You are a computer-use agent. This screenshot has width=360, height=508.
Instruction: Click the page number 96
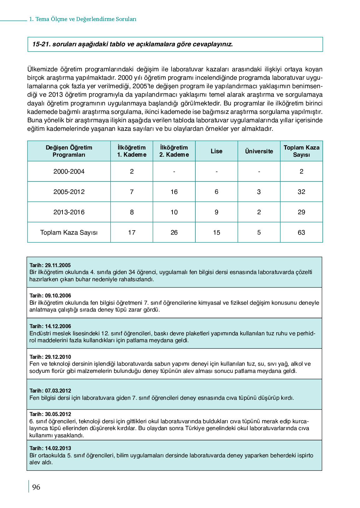tap(36, 487)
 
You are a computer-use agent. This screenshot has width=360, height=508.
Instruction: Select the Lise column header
tap(217, 151)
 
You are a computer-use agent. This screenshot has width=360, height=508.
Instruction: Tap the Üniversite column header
tap(259, 151)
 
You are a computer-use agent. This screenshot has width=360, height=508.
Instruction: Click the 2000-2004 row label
tap(69, 171)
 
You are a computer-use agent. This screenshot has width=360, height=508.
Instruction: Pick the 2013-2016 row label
tap(69, 212)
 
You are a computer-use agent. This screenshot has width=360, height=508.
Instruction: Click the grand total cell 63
tap(301, 232)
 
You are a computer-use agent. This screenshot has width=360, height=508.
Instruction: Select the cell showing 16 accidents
tap(174, 192)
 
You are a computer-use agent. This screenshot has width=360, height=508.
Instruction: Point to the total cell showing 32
tap(301, 192)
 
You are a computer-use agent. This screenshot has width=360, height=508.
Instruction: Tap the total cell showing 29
tap(301, 212)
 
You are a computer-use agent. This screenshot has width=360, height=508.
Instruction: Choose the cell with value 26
tap(174, 232)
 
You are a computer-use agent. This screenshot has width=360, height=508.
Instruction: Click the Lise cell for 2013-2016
tap(217, 212)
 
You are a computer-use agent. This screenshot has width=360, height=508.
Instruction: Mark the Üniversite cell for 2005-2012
tap(259, 192)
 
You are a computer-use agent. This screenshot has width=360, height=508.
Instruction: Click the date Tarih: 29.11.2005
tap(50, 265)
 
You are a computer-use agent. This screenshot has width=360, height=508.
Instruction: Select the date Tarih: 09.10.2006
tap(50, 296)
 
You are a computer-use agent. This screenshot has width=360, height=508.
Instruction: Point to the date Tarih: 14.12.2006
tap(50, 326)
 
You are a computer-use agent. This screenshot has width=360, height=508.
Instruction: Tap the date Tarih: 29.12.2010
tap(50, 357)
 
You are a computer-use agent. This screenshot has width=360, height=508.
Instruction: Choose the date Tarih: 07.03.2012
tap(50, 391)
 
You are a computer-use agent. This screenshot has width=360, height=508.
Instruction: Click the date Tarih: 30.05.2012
tap(50, 414)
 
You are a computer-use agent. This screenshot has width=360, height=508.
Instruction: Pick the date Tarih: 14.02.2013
tap(50, 448)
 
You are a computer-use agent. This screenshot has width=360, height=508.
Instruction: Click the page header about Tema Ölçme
tap(83, 19)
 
